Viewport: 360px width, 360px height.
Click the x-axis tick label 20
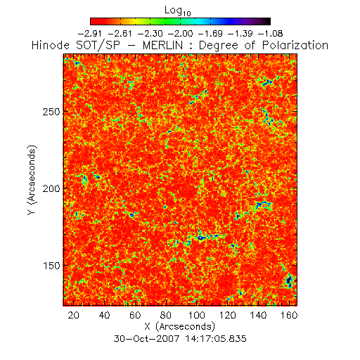(x=73, y=315)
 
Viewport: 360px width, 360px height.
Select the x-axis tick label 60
(x=135, y=315)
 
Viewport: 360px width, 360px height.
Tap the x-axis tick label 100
(x=196, y=315)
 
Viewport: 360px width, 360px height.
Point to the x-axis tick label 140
(x=258, y=315)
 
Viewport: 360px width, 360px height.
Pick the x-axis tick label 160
(x=289, y=315)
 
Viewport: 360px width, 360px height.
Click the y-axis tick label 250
(x=51, y=112)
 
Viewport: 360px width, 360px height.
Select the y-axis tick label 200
(x=51, y=188)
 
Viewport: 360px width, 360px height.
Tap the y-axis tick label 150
(x=51, y=266)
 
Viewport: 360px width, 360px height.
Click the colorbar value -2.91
(x=90, y=34)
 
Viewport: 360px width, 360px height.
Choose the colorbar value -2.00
(x=180, y=34)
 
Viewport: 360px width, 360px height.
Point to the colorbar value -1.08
(x=270, y=34)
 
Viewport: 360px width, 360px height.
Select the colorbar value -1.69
(x=210, y=34)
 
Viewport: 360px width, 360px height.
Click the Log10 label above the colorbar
(x=178, y=11)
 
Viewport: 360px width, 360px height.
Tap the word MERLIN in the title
(x=162, y=45)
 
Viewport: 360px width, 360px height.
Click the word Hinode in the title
(x=51, y=45)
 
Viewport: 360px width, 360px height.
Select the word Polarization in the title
(x=295, y=45)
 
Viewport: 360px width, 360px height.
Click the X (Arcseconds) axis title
(x=180, y=326)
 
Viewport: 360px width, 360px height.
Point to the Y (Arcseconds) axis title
(x=32, y=180)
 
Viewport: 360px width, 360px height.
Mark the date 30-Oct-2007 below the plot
(x=146, y=339)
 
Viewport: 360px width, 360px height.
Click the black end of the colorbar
(x=266, y=21)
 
